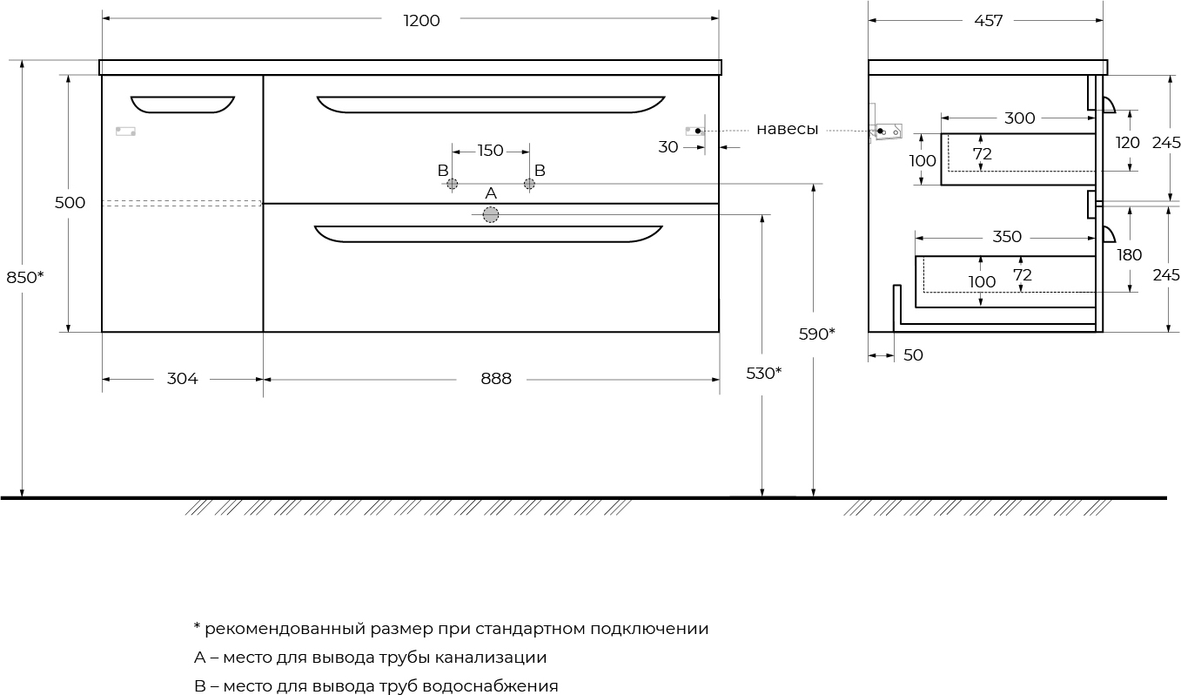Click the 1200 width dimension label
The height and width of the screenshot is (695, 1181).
point(421,21)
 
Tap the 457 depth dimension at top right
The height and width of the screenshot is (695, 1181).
point(988,21)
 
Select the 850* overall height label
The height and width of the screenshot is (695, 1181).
point(24,277)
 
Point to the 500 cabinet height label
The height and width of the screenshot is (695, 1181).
point(70,203)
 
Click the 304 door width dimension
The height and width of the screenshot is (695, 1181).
point(183,379)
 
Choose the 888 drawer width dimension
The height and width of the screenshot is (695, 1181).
point(496,379)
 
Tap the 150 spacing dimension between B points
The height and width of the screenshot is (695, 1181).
point(490,151)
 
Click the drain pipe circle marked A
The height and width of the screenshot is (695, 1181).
point(491,215)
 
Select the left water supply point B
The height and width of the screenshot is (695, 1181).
point(453,184)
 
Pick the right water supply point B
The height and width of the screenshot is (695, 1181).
point(529,184)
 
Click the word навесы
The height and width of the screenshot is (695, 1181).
point(787,129)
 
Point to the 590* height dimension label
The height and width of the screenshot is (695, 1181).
point(816,334)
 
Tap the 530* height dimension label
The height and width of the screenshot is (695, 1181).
point(763,374)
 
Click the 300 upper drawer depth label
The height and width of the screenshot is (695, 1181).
point(1020,118)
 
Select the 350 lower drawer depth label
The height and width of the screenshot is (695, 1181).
point(1007,237)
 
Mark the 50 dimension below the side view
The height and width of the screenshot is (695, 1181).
point(913,355)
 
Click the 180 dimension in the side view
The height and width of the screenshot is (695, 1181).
point(1130,255)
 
